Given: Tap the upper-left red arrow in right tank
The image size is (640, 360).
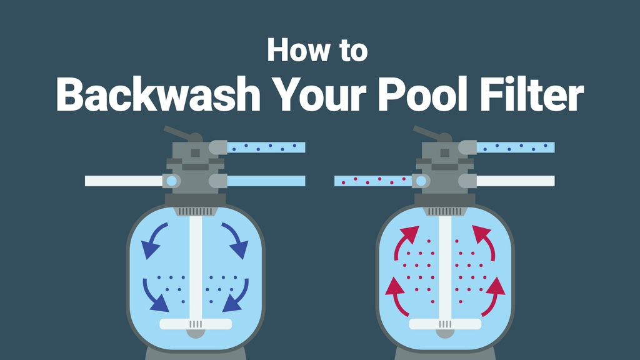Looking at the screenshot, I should [x=404, y=241].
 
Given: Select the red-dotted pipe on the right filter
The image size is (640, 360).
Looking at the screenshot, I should [x=372, y=181].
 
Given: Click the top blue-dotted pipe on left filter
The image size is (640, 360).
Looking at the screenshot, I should [x=266, y=147].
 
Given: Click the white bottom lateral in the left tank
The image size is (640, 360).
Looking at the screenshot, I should [x=196, y=324].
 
